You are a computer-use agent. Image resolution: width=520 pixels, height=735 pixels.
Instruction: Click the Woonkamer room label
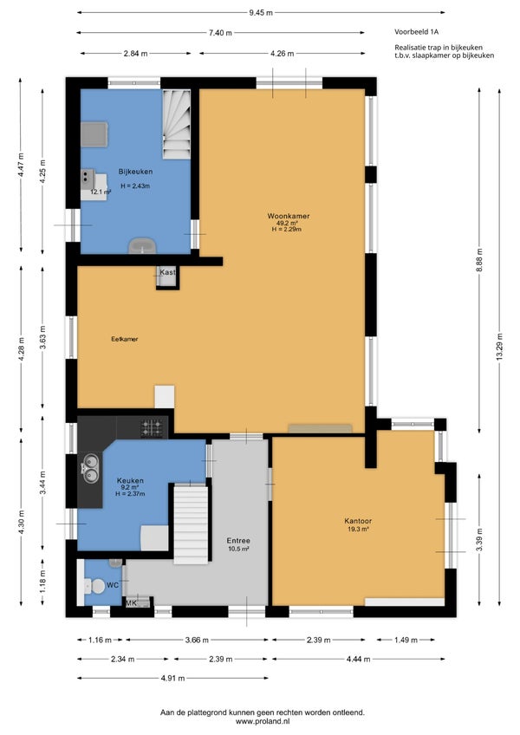(289, 216)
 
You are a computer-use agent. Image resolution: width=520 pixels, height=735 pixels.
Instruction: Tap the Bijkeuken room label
(135, 172)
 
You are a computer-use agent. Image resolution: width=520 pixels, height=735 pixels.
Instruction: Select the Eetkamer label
(125, 339)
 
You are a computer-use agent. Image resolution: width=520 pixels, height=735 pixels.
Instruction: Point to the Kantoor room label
(358, 521)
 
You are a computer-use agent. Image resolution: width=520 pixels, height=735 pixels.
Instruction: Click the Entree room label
(238, 541)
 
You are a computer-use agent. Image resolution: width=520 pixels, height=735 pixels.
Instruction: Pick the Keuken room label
(130, 480)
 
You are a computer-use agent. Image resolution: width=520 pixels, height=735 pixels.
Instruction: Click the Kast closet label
(167, 272)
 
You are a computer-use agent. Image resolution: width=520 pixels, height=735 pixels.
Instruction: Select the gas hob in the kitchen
(153, 428)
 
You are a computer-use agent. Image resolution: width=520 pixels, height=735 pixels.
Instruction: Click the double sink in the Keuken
(90, 469)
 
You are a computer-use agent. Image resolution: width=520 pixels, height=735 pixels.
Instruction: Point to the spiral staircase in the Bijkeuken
(177, 124)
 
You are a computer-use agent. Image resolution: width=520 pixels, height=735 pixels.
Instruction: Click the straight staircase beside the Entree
(191, 524)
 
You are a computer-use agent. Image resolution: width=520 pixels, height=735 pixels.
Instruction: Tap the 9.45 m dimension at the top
(261, 13)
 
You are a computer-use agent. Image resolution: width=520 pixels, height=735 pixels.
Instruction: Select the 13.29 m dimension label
(499, 347)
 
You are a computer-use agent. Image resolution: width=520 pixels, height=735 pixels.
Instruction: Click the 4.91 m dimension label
(173, 679)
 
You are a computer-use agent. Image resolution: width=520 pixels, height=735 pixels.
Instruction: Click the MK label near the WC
(131, 603)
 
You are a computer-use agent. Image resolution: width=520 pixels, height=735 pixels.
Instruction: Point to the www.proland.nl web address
(263, 722)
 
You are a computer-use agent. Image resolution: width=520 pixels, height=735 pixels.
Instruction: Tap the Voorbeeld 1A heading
(416, 32)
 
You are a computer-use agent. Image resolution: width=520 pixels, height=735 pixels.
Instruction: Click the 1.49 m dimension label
(405, 640)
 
